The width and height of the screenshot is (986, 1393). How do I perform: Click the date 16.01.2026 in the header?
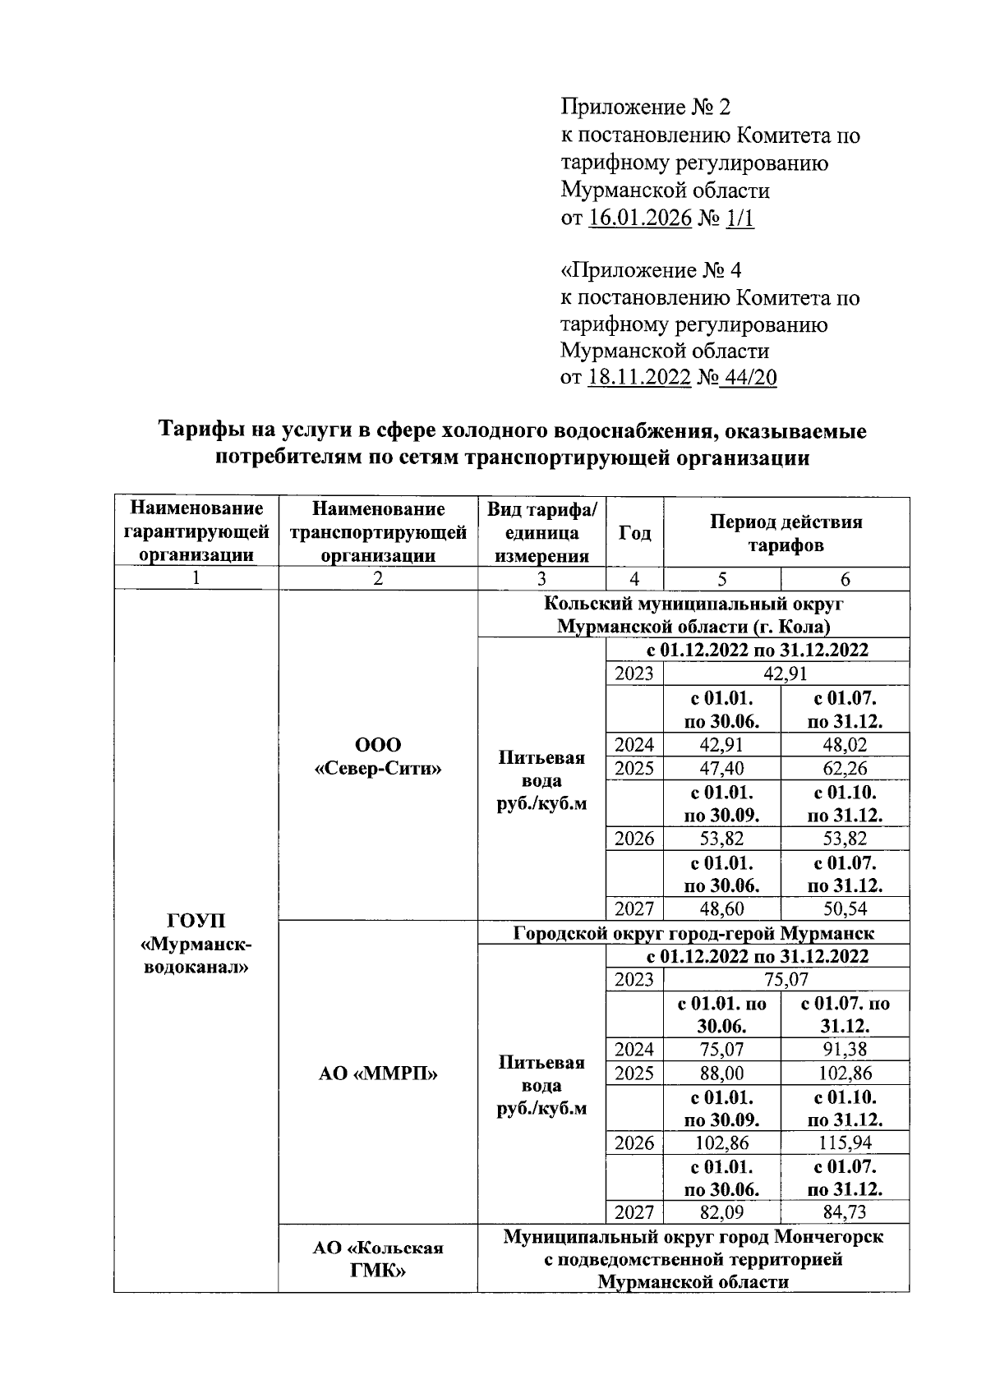640,218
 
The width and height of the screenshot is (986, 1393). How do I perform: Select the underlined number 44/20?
748,378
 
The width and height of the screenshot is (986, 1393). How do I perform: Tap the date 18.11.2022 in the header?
640,378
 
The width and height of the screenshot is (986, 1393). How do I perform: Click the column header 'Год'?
634,533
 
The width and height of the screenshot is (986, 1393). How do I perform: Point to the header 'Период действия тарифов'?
786,533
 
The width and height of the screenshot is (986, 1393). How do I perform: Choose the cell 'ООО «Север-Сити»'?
378,756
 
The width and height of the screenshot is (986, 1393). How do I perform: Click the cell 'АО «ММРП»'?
378,1073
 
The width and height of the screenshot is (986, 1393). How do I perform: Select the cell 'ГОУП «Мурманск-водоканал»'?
196,943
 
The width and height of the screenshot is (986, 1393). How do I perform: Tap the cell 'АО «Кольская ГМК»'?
378,1259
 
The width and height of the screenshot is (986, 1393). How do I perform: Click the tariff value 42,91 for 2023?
786,674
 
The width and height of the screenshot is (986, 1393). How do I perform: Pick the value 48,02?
845,745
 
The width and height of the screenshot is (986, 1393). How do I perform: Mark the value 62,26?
845,769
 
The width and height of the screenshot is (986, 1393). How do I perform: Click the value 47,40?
721,769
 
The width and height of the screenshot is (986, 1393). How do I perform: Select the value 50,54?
845,908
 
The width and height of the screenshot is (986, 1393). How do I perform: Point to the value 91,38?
845,1049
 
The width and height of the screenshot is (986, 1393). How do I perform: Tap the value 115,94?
845,1142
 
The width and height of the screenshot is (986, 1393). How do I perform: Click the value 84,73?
845,1212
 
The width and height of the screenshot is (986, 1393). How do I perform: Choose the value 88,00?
721,1073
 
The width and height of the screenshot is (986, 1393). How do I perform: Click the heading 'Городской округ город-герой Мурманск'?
693,933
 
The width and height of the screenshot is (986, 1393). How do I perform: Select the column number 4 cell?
634,579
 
